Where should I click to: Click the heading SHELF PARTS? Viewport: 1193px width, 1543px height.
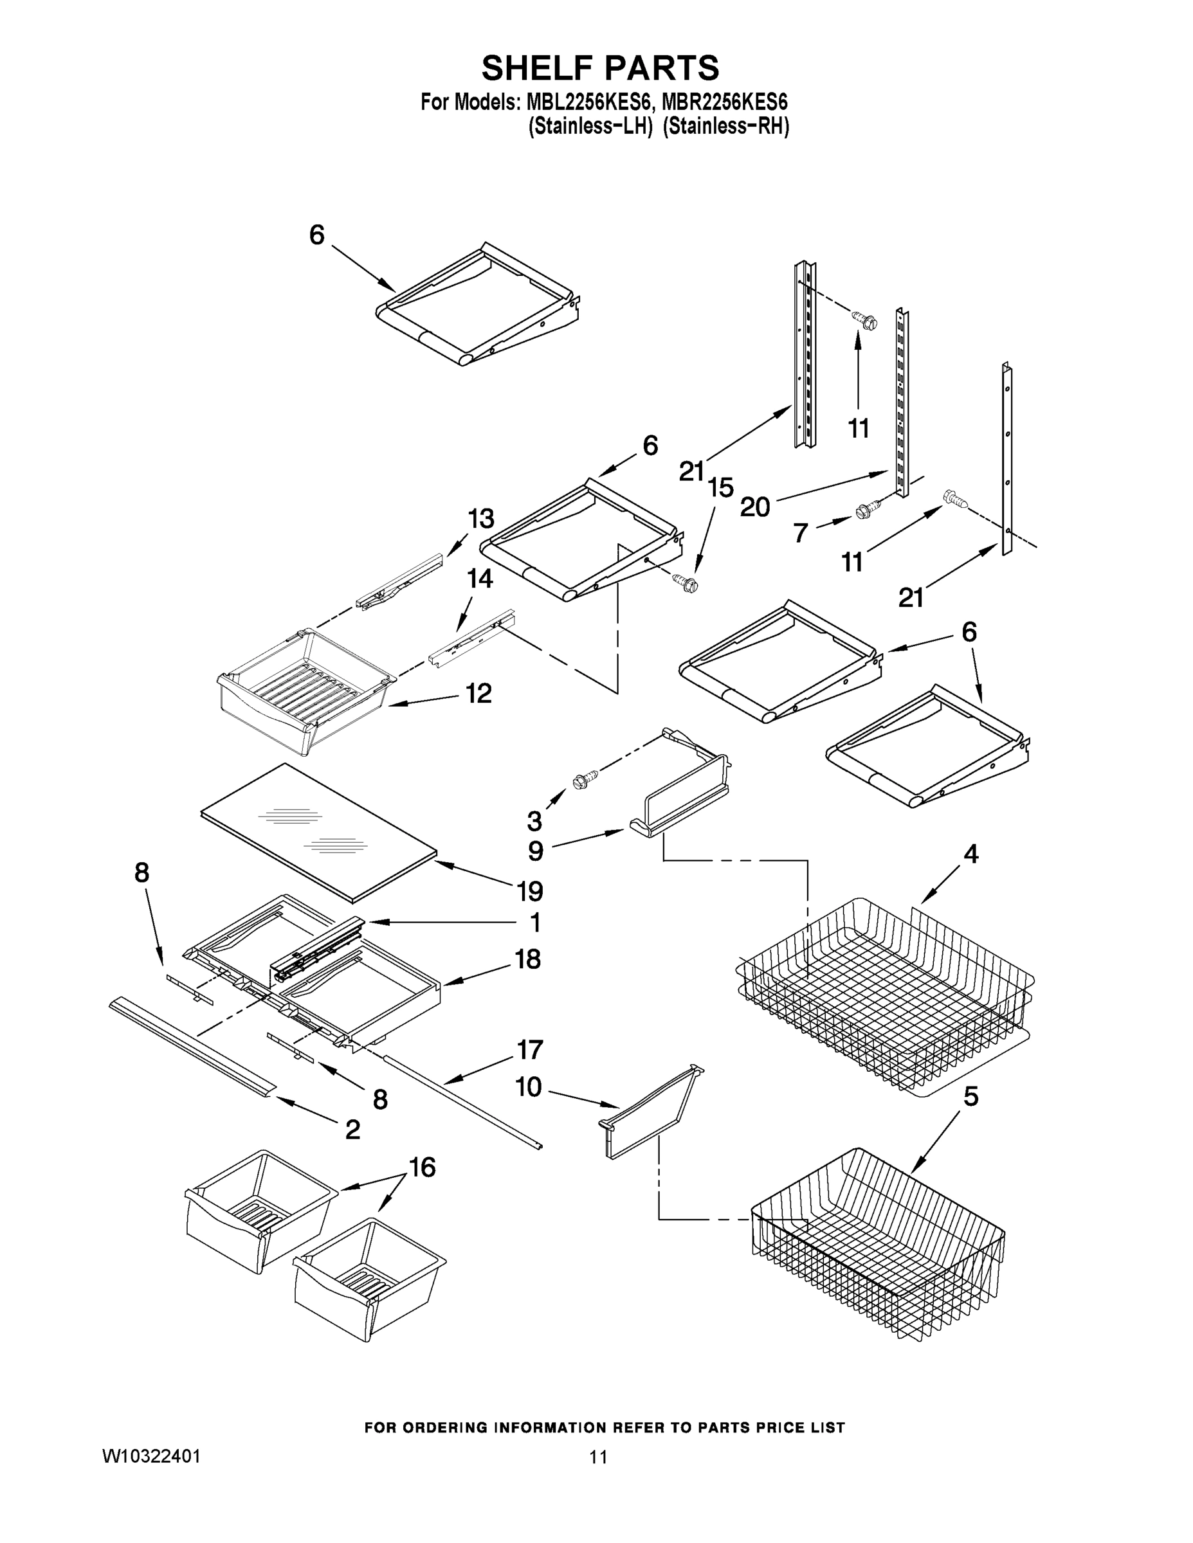click(600, 69)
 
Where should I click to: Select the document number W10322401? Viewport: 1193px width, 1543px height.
click(151, 1456)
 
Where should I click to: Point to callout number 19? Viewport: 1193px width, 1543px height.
click(529, 892)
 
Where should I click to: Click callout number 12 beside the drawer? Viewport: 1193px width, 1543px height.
click(478, 693)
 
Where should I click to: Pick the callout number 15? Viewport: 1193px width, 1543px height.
click(721, 487)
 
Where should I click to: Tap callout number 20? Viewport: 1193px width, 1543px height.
click(754, 507)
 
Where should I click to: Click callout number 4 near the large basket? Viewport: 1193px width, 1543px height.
click(971, 854)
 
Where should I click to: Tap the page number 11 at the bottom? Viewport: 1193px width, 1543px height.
click(598, 1457)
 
